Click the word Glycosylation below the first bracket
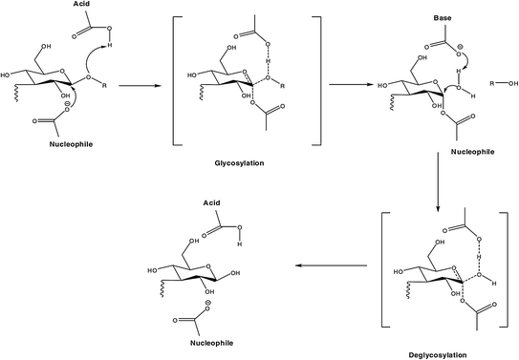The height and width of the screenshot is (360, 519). [x=239, y=163]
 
